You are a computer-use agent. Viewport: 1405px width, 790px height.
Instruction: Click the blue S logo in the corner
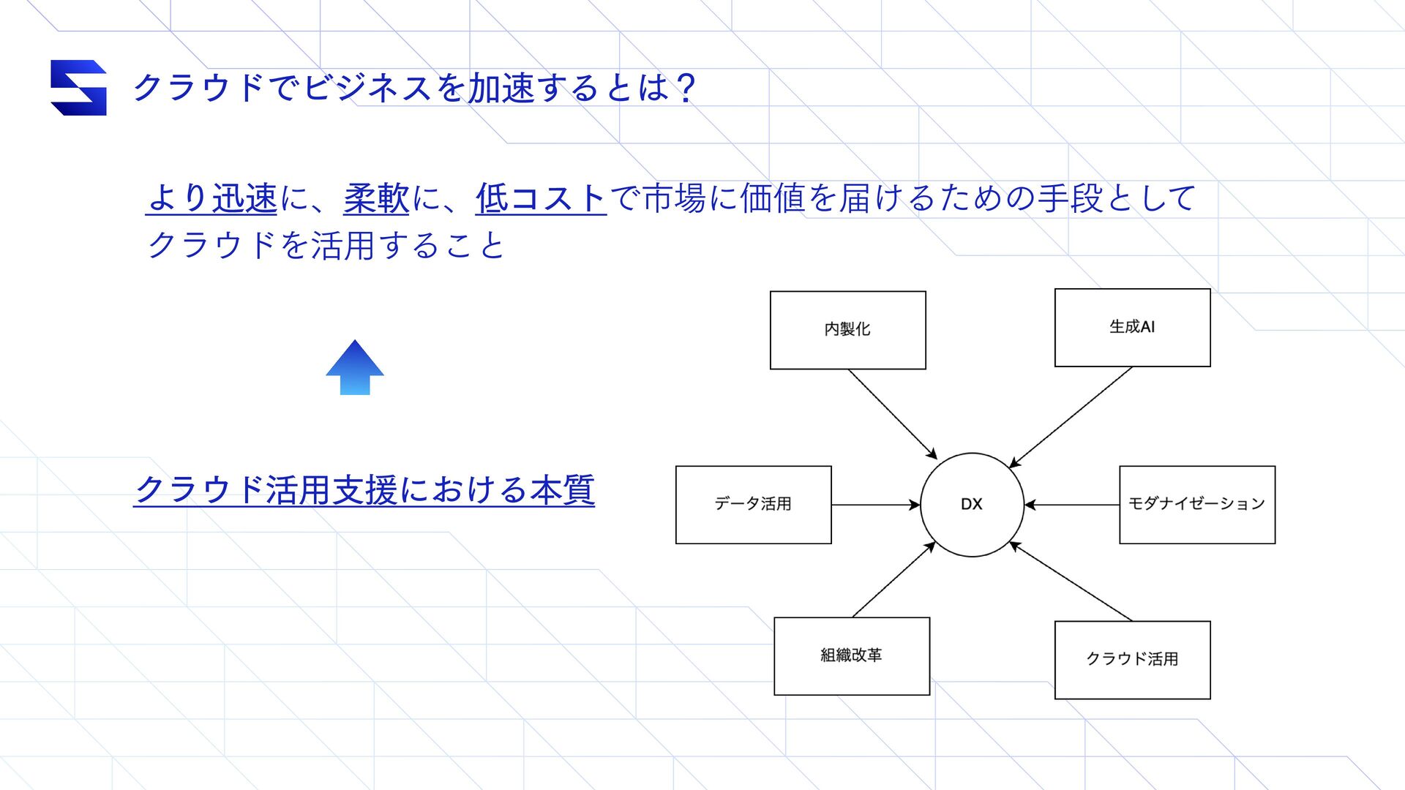78,88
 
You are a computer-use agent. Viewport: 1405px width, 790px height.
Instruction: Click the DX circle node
972,505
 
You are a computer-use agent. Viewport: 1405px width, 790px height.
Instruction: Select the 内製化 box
847,330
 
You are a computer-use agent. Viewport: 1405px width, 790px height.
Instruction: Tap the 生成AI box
1132,327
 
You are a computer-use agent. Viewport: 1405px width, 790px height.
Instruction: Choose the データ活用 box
753,505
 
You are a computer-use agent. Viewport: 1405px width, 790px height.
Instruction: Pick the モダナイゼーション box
1197,505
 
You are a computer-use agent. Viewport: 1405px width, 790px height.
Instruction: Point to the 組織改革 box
852,656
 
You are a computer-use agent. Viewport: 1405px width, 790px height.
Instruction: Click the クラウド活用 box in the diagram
1132,660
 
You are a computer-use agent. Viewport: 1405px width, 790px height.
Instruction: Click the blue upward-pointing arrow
355,368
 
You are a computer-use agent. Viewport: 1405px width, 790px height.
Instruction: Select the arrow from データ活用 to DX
875,505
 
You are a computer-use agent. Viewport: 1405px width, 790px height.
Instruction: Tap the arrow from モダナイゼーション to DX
1072,505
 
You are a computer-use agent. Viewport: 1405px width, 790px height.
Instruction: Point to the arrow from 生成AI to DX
1071,416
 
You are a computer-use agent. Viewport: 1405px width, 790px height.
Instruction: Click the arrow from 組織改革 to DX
894,579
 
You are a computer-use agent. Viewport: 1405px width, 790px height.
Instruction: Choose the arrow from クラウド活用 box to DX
1071,582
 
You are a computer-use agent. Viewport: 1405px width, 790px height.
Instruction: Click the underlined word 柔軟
376,199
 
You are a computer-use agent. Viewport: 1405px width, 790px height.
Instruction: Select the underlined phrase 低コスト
541,199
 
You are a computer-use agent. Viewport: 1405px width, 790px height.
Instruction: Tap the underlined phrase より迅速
211,199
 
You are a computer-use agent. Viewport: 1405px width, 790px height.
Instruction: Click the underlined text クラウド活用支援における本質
364,490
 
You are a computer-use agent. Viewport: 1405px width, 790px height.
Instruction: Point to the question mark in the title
686,88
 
